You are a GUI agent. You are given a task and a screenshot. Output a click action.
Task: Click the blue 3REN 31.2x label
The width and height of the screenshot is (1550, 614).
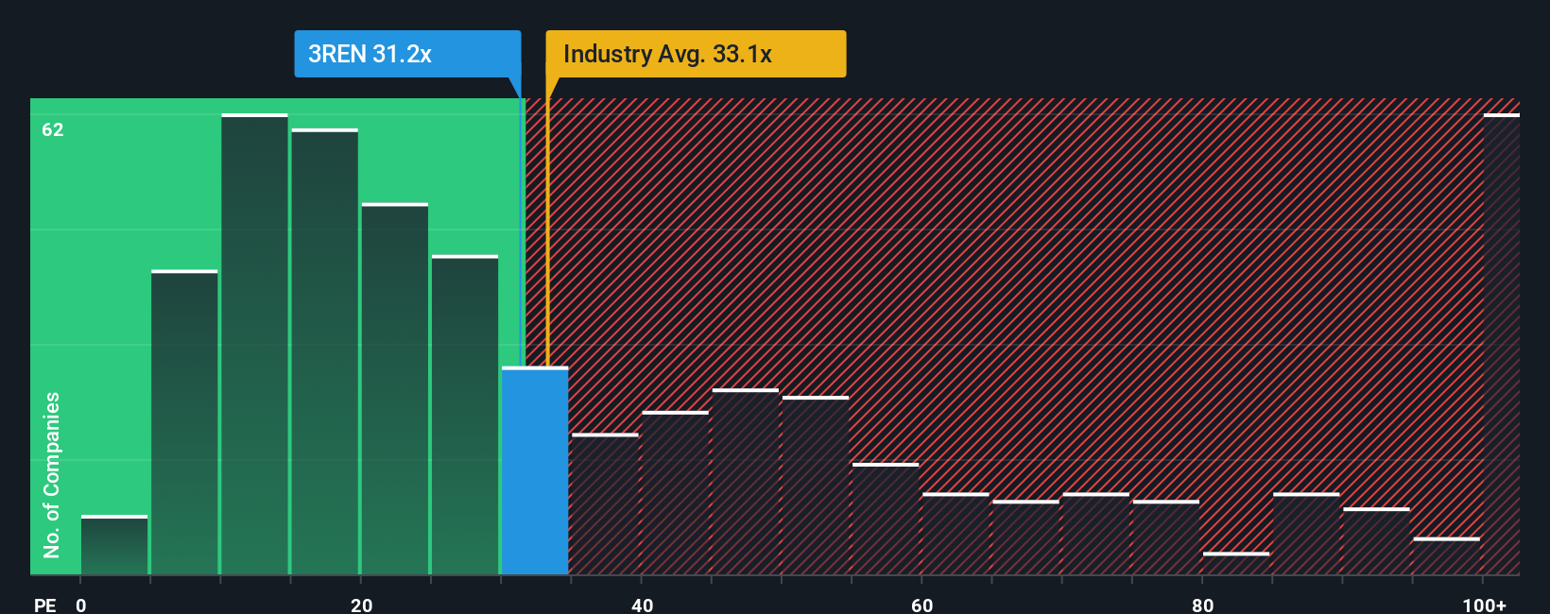(x=407, y=54)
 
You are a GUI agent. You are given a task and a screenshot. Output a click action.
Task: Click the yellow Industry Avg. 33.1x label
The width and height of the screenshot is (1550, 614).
(x=696, y=54)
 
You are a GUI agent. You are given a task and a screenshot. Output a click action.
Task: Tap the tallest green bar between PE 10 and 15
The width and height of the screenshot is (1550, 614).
(x=254, y=345)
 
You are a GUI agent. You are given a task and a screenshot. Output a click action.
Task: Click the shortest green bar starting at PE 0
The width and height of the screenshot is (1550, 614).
(x=114, y=545)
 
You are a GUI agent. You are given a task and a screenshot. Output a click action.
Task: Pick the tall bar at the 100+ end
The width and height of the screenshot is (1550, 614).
(x=1501, y=345)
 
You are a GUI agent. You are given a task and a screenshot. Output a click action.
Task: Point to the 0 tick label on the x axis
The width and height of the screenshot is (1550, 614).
(x=81, y=605)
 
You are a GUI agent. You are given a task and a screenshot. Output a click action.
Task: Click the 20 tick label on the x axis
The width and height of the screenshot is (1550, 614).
(x=361, y=605)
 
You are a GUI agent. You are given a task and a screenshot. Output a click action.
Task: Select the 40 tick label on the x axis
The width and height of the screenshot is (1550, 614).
(x=642, y=605)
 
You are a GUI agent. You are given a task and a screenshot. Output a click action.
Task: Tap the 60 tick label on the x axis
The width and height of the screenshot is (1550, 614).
(x=922, y=605)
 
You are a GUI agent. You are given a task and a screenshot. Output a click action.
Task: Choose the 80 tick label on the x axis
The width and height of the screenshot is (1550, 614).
(x=1202, y=605)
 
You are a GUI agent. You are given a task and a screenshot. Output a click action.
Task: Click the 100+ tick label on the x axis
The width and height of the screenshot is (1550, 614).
(x=1484, y=605)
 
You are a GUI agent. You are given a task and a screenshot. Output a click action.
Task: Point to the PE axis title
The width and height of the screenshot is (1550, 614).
(x=45, y=605)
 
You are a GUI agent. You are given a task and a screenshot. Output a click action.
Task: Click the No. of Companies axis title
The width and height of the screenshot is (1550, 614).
(x=52, y=474)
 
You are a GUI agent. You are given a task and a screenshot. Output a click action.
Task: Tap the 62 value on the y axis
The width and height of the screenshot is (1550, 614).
(x=53, y=129)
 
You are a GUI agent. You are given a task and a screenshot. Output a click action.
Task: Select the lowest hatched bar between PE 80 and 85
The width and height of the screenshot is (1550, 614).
(x=1236, y=564)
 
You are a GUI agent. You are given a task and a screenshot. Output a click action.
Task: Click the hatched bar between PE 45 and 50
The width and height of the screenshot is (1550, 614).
(x=746, y=482)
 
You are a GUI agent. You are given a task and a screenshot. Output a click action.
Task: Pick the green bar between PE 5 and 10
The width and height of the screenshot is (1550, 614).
(x=184, y=423)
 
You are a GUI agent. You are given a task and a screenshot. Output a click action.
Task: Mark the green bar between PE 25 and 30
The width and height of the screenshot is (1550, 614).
(x=465, y=416)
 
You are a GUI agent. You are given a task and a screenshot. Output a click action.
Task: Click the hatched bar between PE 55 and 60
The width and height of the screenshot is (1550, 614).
(x=886, y=520)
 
